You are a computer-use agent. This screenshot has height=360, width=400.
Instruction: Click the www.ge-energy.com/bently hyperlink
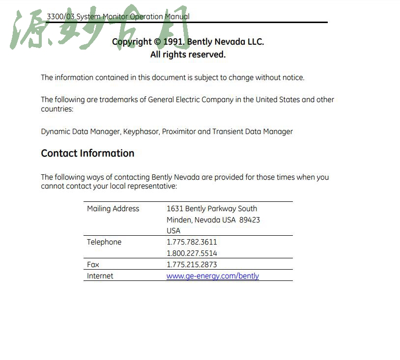pos(212,276)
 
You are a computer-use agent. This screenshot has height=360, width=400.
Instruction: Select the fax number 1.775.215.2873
pos(192,265)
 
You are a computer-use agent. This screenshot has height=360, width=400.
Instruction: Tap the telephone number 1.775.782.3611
pos(192,242)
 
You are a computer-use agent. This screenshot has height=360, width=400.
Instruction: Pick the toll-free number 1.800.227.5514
pos(192,253)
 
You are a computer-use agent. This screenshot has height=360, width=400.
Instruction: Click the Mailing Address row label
pos(113,209)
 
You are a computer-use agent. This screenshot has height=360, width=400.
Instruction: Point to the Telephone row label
pos(104,242)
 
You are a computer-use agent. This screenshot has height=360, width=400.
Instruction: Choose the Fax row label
pos(93,265)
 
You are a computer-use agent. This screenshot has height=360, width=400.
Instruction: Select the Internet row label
pos(100,276)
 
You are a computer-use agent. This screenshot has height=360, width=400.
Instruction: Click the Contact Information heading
pos(87,153)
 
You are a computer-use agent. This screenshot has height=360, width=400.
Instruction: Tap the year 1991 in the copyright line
pos(173,42)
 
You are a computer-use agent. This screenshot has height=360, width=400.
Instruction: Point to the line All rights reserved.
pos(188,55)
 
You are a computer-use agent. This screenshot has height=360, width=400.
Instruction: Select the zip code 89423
pos(250,220)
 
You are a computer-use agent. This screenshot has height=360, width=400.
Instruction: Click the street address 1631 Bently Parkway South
pos(212,209)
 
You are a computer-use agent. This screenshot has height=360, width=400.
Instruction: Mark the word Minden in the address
pos(179,220)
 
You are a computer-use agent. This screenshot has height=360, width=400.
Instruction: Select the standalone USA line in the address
pos(173,231)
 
